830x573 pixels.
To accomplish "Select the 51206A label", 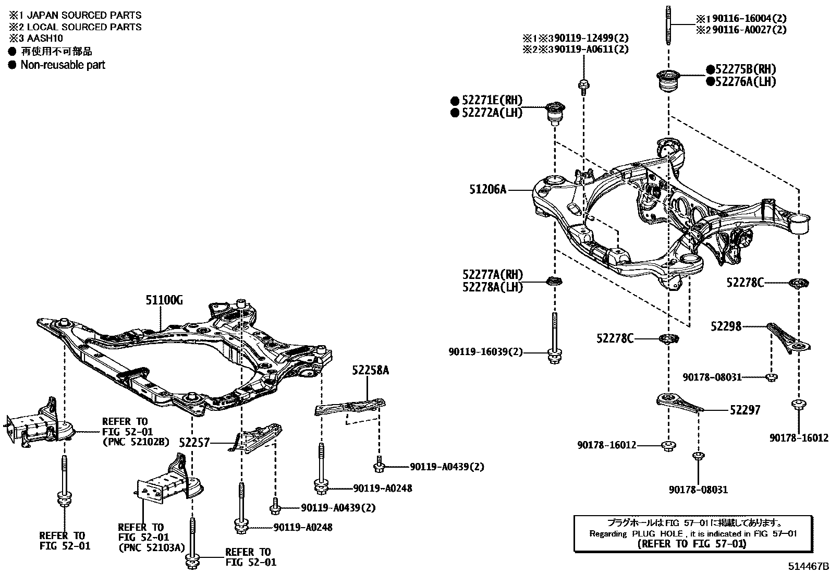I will [487, 189].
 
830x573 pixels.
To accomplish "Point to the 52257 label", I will [194, 443].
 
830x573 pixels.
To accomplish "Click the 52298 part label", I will [726, 326].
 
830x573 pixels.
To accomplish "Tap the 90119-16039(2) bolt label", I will [485, 352].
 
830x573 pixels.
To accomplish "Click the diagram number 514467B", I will [808, 566].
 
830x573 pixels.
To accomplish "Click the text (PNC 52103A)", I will [152, 547].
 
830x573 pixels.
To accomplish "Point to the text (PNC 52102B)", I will [136, 442].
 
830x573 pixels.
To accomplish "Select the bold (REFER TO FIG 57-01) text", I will [692, 544].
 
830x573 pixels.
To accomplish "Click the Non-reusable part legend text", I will [63, 65].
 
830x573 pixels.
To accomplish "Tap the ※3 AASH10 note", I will [36, 38].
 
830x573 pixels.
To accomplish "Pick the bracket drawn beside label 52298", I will [788, 339].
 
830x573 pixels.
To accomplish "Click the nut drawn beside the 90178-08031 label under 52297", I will [698, 456].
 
